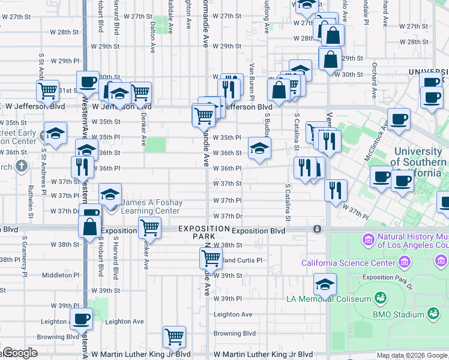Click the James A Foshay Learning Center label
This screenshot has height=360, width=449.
click(151, 207)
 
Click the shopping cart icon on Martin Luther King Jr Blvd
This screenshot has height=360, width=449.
click(174, 337)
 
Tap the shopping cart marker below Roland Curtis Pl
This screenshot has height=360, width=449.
click(211, 259)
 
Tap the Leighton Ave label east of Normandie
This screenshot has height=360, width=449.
click(233, 314)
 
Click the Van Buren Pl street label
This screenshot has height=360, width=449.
click(252, 81)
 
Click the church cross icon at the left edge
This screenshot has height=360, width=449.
click(22, 166)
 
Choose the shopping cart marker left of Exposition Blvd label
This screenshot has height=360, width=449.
click(149, 228)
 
